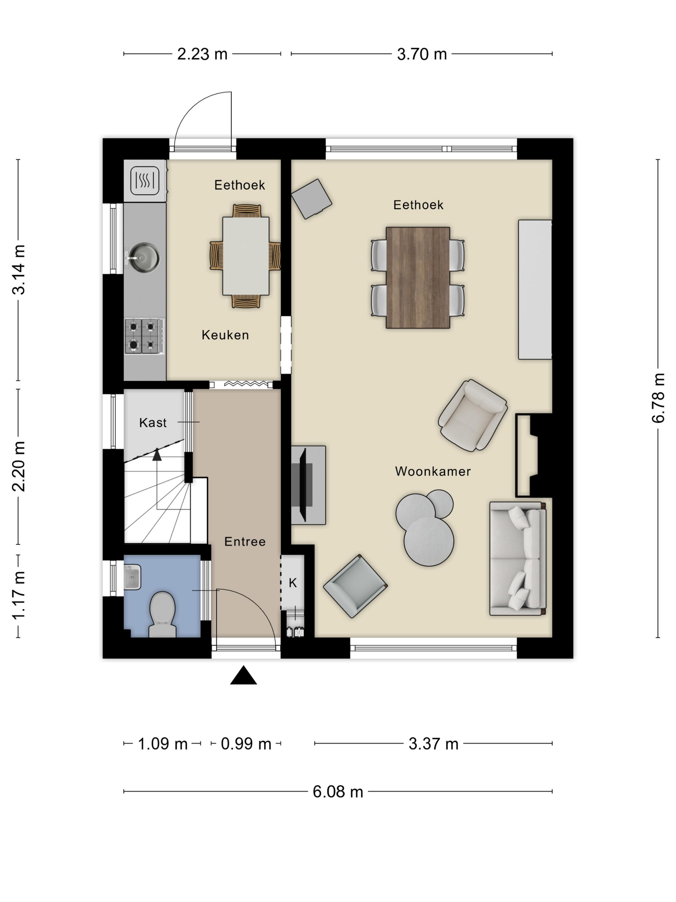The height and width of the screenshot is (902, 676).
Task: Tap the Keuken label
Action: coord(225,335)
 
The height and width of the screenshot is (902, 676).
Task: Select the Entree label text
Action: coord(245,542)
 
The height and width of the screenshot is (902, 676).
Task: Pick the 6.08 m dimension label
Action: coord(338,792)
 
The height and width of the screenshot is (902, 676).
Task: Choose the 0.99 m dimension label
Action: coord(246,744)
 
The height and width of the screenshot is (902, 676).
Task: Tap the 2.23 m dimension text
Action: coord(202,54)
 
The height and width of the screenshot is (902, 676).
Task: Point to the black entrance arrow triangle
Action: coord(244,675)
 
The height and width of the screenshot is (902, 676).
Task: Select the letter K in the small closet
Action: coord(293,583)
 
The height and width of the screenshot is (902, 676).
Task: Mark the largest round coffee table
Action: coord(429,542)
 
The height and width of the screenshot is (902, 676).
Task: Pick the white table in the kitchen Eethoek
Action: coord(246,256)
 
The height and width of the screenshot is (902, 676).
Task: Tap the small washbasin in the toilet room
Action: coord(132,577)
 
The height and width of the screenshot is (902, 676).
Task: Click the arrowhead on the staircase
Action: coord(157,454)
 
